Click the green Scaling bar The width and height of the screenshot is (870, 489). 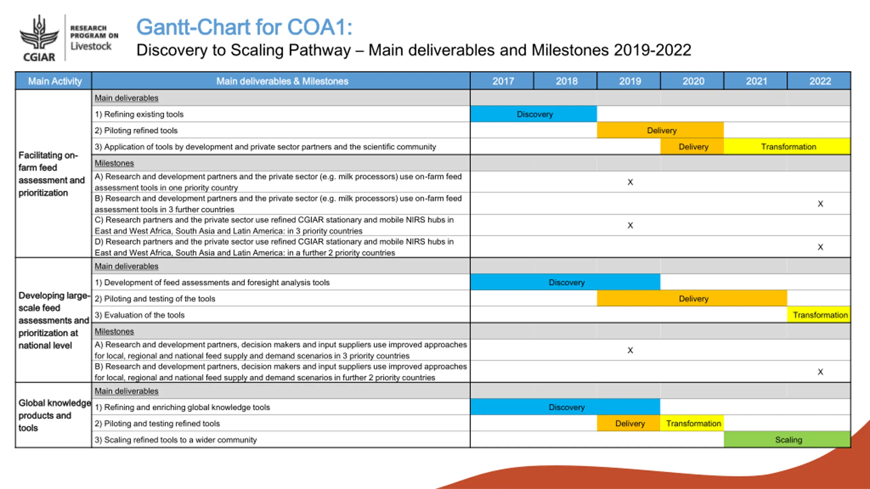pos(787,440)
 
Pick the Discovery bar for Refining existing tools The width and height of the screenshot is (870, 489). pos(534,114)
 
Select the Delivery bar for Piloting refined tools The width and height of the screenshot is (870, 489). pos(660,130)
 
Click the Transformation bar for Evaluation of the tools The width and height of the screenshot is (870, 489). pos(819,315)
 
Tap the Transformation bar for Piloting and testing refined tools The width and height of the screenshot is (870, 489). pos(692,423)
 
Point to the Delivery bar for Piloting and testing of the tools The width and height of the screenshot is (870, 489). pos(692,298)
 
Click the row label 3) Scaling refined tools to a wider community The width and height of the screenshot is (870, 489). pos(176,440)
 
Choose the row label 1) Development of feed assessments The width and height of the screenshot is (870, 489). pos(212,283)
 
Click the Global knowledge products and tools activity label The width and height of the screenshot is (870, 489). pos(54,415)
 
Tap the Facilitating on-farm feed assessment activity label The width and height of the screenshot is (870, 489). pos(52,174)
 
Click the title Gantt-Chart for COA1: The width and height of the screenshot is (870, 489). pos(244,27)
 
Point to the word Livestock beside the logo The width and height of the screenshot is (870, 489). pos(91,46)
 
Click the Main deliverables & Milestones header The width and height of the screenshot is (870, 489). pos(282,81)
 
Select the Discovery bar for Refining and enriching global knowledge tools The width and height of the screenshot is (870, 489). pos(565,407)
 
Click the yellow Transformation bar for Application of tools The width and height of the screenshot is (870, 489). pos(787,147)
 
